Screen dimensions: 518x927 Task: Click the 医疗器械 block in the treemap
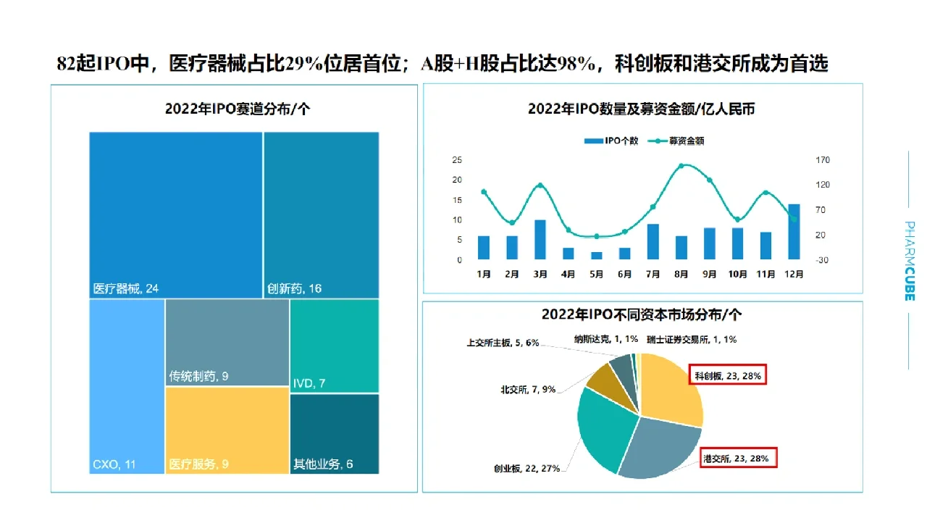tap(175, 214)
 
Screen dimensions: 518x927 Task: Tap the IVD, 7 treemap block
tap(334, 346)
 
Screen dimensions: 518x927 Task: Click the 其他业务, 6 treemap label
tap(323, 464)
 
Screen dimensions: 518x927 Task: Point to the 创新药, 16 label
tap(295, 288)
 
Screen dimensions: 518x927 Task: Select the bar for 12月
tap(794, 232)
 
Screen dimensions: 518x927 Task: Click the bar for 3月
tap(540, 239)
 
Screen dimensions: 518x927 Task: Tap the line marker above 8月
tap(681, 166)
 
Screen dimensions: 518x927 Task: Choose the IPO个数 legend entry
tap(611, 141)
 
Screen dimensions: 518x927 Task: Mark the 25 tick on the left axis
tap(457, 160)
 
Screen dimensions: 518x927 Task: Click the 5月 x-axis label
tap(597, 275)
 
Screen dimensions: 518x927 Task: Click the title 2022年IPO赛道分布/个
tap(238, 109)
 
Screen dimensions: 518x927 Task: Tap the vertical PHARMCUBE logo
tap(909, 260)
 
